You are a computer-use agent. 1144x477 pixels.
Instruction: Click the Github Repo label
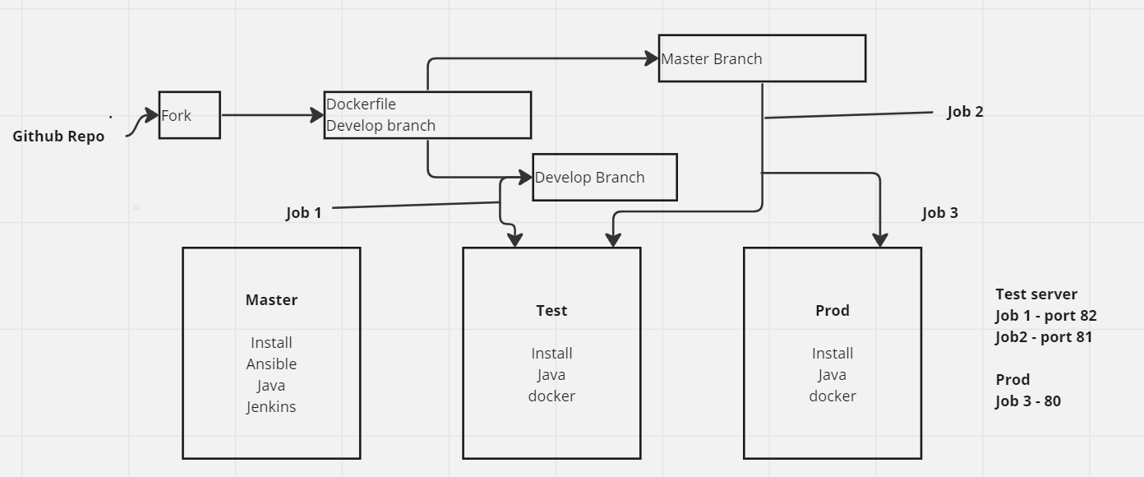tap(58, 137)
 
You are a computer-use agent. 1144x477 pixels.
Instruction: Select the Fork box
tap(189, 115)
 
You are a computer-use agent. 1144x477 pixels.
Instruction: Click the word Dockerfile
tap(361, 104)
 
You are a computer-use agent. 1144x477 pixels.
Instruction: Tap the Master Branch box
tap(762, 58)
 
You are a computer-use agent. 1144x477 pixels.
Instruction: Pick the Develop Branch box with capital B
tap(604, 177)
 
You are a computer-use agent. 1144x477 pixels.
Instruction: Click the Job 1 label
tap(303, 213)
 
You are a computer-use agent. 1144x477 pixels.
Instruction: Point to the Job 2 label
tap(965, 112)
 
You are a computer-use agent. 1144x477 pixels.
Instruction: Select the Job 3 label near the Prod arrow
tap(939, 213)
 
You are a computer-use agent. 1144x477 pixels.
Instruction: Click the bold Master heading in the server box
tap(271, 300)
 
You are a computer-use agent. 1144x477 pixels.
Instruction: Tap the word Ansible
tap(271, 364)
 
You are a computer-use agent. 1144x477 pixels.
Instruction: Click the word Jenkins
tap(271, 406)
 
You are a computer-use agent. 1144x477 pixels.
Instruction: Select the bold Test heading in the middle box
tap(551, 311)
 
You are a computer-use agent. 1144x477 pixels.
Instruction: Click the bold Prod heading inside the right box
tap(832, 311)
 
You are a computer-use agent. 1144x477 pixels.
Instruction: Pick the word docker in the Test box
tap(551, 396)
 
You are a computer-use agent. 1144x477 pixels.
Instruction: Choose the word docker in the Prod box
tap(832, 396)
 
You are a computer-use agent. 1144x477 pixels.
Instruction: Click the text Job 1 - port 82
tap(1045, 316)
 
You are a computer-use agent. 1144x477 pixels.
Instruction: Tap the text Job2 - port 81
tap(1043, 337)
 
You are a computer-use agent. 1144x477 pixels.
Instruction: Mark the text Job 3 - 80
tap(1027, 401)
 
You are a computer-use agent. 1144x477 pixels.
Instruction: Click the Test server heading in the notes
tap(1036, 294)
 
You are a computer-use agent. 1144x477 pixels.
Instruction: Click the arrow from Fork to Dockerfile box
tap(271, 115)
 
